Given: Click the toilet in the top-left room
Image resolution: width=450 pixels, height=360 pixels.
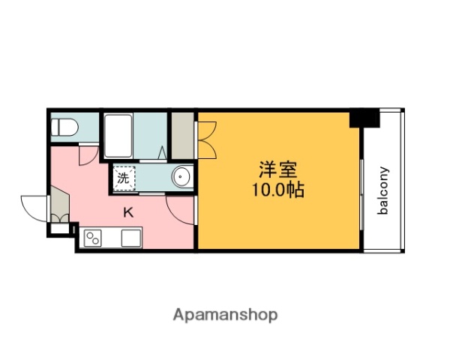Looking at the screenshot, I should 64,128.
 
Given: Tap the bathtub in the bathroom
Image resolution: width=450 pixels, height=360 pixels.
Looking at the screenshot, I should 121,134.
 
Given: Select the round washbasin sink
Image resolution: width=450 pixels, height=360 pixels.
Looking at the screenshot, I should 181,178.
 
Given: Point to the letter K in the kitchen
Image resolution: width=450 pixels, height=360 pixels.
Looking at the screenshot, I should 128,212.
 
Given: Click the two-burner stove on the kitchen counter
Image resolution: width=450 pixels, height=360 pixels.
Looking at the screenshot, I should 94,238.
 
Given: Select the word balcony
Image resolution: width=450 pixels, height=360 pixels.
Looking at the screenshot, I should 383,190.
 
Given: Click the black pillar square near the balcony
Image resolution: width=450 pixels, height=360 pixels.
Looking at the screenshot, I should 364,118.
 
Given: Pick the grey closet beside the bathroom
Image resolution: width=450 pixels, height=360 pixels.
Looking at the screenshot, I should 182,135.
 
